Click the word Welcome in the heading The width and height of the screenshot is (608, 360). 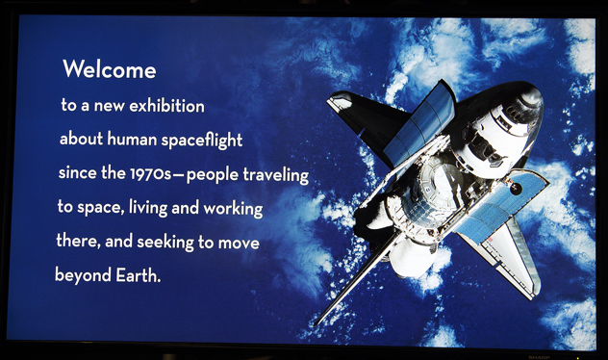[110, 69]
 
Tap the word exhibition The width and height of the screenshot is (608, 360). [166, 106]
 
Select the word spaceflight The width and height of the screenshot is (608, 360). [202, 140]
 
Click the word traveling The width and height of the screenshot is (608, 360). [276, 175]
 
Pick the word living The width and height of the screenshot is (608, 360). [148, 208]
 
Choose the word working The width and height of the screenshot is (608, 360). [233, 209]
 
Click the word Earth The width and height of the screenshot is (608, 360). [138, 276]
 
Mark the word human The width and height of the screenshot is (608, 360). [132, 140]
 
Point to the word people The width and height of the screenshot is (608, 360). [212, 175]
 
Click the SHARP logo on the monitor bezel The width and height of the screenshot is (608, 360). [538, 357]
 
